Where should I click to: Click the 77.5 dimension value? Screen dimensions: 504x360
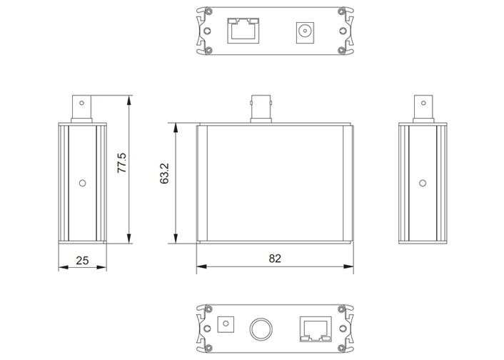122,163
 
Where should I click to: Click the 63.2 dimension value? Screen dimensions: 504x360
164,174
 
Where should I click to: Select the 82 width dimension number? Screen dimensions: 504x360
275,259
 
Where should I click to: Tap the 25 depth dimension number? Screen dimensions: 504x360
82,260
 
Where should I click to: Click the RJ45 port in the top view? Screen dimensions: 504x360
243,31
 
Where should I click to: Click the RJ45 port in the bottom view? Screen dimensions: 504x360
316,329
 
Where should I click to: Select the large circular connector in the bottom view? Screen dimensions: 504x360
261,329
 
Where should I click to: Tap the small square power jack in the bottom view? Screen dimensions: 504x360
226,324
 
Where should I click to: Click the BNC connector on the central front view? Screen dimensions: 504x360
261,109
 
